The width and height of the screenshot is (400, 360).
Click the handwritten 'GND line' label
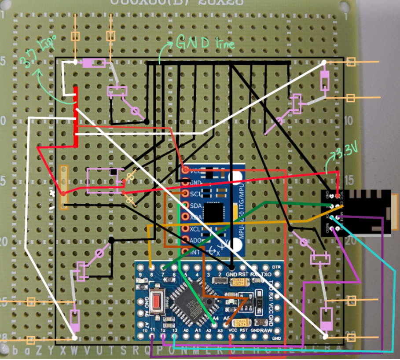pos(205,43)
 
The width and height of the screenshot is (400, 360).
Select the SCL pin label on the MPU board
pos(195,194)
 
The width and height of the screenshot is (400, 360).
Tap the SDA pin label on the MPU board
pos(195,206)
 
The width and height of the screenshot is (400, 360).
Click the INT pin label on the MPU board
pos(195,251)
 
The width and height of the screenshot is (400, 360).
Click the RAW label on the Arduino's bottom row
pos(267,330)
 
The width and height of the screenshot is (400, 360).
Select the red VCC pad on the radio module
pos(338,195)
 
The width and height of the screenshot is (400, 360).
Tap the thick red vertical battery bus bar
pos(76,117)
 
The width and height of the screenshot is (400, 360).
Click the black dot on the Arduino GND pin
pos(231,267)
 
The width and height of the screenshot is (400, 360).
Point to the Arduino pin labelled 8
pos(151,274)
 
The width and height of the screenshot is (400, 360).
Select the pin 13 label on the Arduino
pos(175,330)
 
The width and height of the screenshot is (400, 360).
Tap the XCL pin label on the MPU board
pos(195,228)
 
